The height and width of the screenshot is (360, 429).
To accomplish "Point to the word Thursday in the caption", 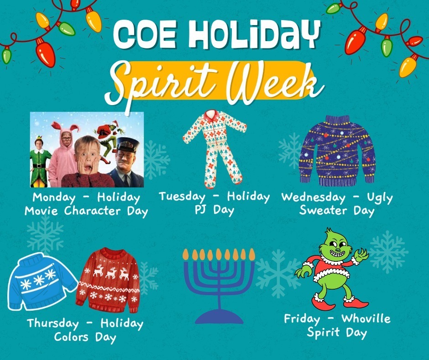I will click(x=52, y=324).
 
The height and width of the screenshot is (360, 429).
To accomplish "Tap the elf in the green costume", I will click(x=40, y=160).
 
